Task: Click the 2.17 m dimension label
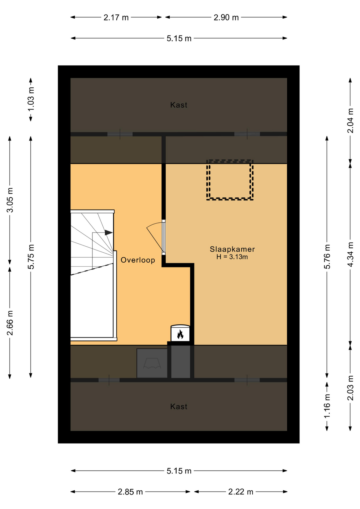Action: (x=116, y=17)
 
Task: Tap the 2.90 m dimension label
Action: (x=226, y=17)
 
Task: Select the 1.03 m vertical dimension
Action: (x=31, y=99)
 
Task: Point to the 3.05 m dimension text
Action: (x=10, y=200)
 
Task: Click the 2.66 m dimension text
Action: (x=10, y=323)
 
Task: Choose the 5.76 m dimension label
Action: (x=327, y=257)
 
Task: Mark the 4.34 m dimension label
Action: (x=350, y=254)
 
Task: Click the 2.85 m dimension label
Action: (x=130, y=492)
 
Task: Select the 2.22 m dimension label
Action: (x=241, y=492)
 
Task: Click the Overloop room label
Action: (x=138, y=260)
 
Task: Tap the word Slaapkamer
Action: (x=232, y=249)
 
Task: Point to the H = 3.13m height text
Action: (x=232, y=257)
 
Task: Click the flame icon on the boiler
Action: (x=180, y=334)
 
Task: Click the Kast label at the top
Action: (x=179, y=105)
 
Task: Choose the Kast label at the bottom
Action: (x=179, y=407)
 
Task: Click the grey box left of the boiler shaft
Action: (x=152, y=363)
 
